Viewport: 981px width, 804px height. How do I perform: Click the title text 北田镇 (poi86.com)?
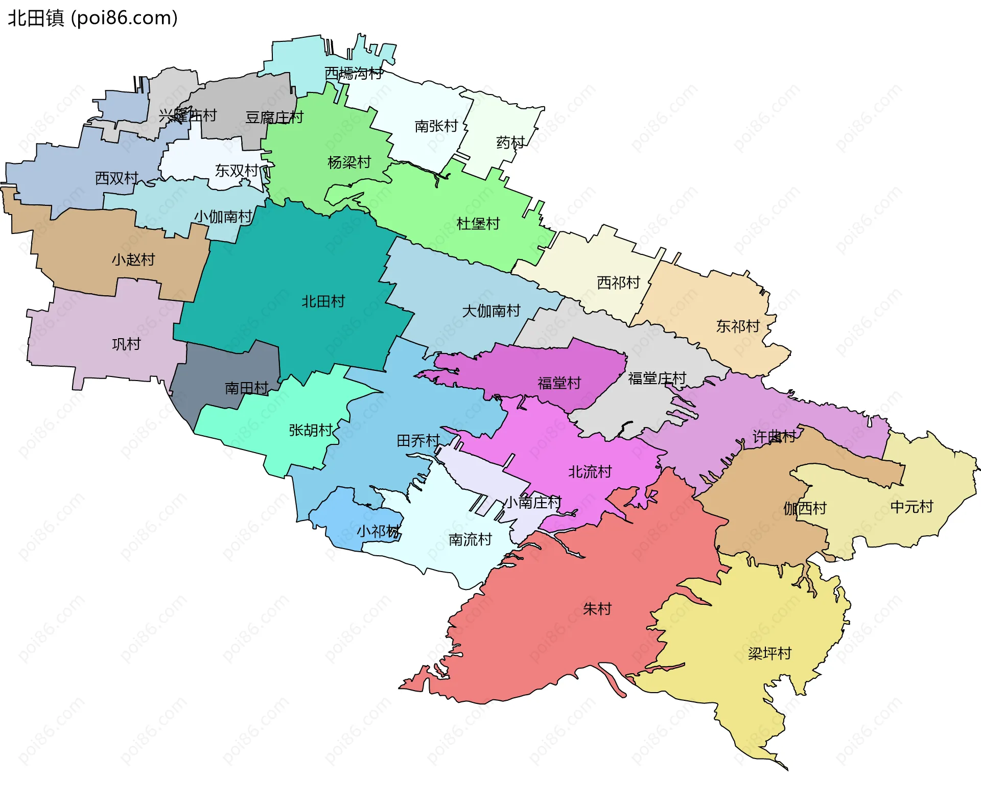(x=92, y=18)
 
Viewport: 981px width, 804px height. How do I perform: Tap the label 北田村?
(x=323, y=301)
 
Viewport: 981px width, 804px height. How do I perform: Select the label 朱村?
(x=597, y=609)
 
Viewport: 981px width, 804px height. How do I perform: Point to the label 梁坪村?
(x=769, y=653)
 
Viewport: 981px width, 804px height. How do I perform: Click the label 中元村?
(x=912, y=507)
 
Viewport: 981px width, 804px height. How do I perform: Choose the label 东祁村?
(x=738, y=326)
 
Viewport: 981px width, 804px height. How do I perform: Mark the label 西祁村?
(x=618, y=282)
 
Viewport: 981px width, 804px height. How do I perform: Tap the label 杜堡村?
(x=478, y=224)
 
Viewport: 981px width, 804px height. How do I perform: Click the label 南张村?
(x=436, y=126)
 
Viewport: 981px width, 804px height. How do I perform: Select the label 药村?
(x=510, y=143)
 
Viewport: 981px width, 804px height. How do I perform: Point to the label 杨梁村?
(x=349, y=162)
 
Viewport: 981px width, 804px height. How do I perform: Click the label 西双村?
(x=116, y=178)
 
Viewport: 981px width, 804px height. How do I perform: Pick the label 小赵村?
(x=133, y=259)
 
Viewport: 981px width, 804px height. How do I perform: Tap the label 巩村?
(x=126, y=344)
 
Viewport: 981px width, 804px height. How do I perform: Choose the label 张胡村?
(x=311, y=430)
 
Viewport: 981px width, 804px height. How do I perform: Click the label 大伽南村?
(x=491, y=311)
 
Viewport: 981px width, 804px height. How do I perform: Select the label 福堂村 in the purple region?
(x=559, y=383)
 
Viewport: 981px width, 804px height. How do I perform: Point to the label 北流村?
(x=590, y=471)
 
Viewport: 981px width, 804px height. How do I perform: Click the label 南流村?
(x=470, y=539)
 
